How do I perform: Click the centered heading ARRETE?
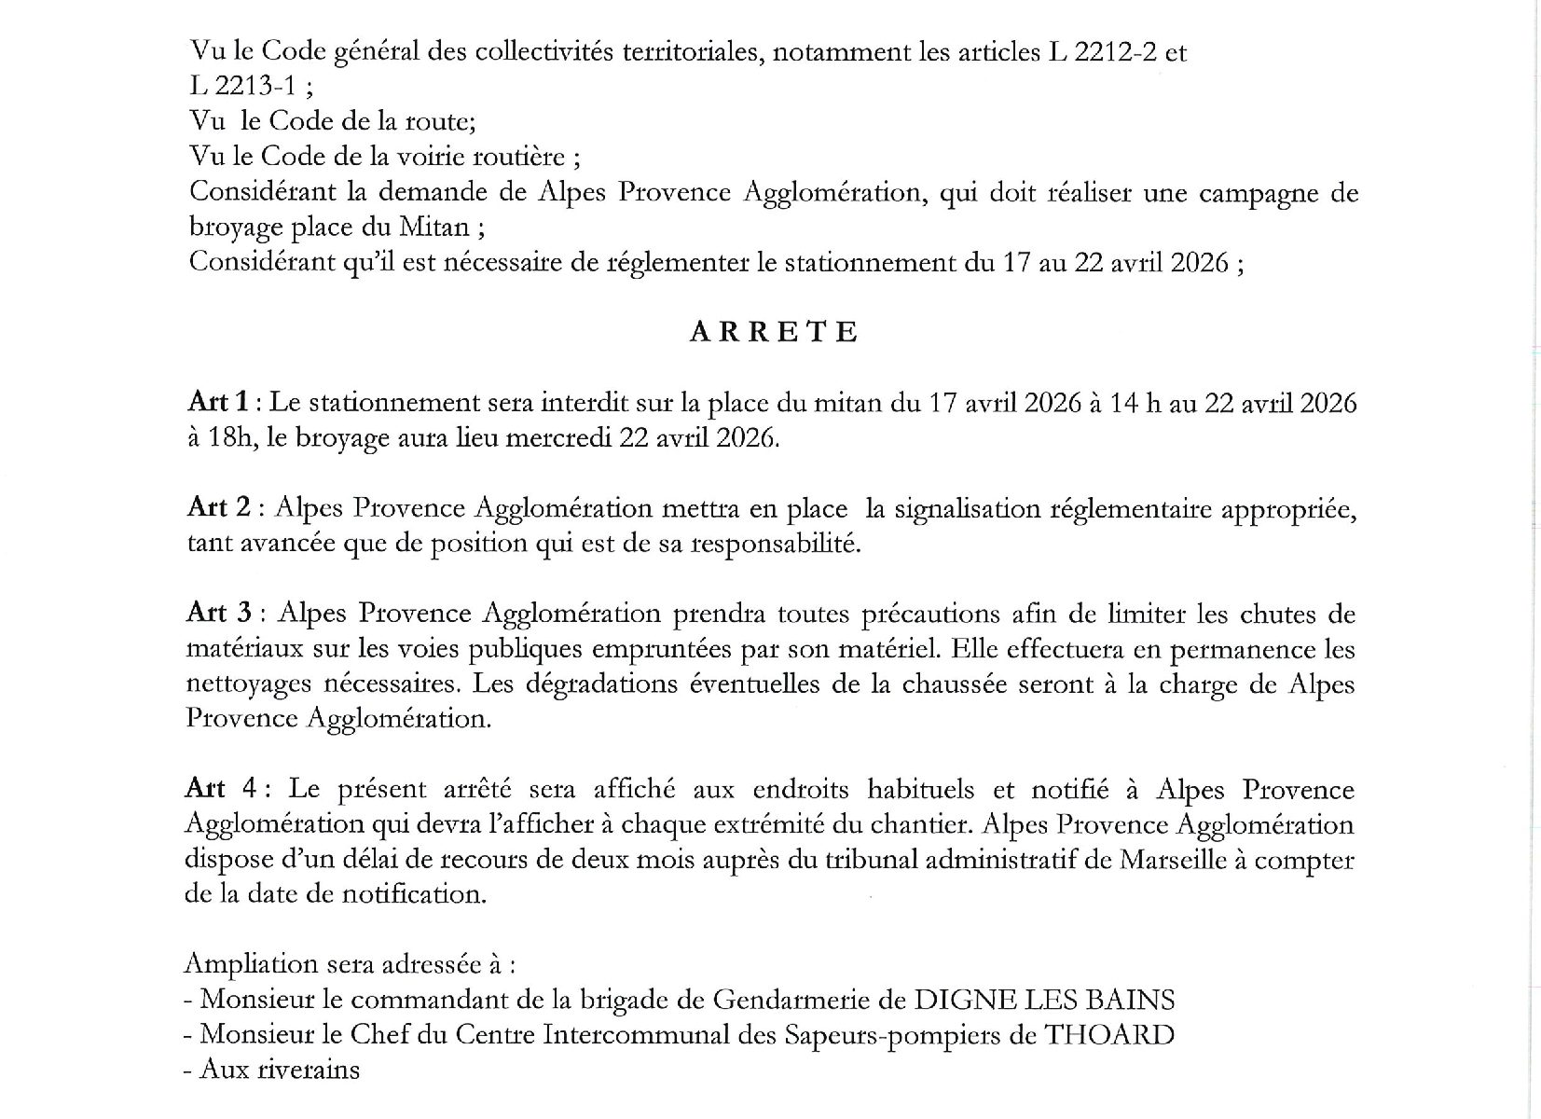point(773,333)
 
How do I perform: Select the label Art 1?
point(218,403)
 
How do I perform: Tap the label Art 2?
point(218,508)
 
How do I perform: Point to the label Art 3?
point(218,614)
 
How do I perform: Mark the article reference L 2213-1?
point(242,87)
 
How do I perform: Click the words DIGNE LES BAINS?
point(1043,1000)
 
